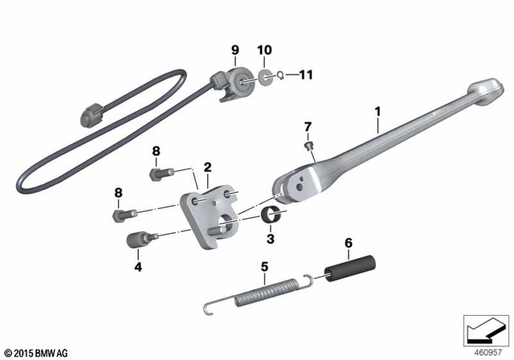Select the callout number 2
[207, 168]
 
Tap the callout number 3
[271, 238]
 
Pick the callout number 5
[263, 266]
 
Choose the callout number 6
[348, 242]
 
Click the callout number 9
[235, 50]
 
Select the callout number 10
[265, 50]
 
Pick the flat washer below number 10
[265, 77]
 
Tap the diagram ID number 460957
[486, 352]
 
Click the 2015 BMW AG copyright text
[38, 352]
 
